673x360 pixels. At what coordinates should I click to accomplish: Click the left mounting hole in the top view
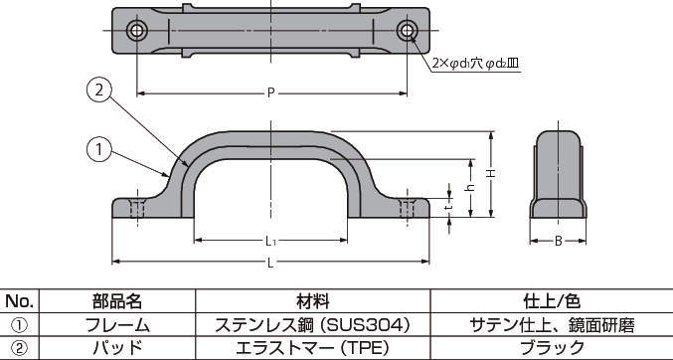point(137,31)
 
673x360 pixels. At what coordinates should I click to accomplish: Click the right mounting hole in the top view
point(407,31)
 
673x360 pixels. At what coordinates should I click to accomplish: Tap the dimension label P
point(270,93)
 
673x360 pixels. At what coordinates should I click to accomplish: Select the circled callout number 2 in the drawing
point(99,90)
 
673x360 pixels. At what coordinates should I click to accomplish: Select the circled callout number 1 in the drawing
point(99,149)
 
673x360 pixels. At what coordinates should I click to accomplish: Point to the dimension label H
point(491,174)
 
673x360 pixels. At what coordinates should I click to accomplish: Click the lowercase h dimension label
point(471,188)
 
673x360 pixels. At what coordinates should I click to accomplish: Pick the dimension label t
point(449,207)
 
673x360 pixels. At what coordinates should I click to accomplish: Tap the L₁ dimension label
point(270,242)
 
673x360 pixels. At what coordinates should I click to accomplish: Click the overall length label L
point(270,263)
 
